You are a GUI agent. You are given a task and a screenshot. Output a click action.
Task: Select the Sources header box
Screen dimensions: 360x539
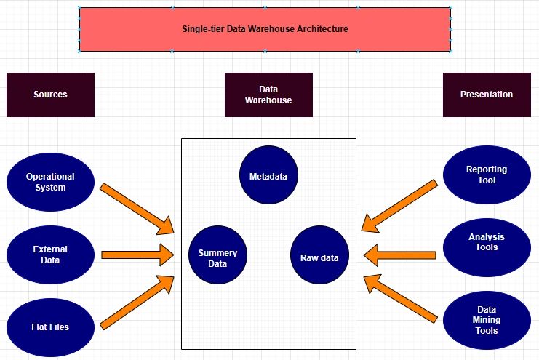coord(50,95)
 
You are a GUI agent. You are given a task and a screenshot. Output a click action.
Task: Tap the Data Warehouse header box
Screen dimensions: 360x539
coord(268,95)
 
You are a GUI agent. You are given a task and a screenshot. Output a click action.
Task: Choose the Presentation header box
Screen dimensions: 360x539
coord(487,95)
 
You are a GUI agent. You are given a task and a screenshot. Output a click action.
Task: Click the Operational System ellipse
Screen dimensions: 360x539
coord(50,182)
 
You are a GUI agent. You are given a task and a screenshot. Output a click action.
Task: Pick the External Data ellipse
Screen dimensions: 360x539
coord(50,255)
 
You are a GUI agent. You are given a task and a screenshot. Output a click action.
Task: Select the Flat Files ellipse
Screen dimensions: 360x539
coord(50,327)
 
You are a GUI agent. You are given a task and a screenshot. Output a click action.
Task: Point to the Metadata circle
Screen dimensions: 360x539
coord(268,176)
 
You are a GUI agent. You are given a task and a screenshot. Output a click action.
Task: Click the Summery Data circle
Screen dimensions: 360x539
coord(217,258)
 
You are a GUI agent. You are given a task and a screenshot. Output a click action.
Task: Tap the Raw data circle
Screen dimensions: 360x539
coord(319,257)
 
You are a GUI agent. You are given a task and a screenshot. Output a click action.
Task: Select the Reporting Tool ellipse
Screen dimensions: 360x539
coord(487,175)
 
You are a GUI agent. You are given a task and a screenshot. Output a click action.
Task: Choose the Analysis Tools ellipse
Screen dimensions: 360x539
coord(487,242)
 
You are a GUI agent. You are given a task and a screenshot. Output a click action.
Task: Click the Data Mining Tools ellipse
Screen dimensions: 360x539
coord(487,320)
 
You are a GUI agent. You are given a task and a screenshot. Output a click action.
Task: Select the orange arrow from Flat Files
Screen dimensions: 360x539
coord(137,302)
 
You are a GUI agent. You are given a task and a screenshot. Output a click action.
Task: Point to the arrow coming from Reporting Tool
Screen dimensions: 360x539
coord(399,207)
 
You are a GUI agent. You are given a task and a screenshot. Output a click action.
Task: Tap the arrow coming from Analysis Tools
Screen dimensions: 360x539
coord(399,255)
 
